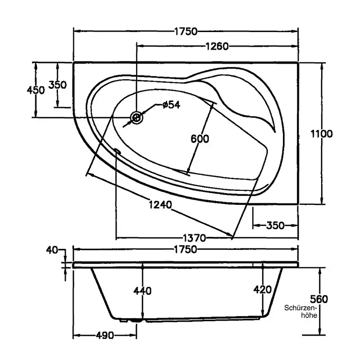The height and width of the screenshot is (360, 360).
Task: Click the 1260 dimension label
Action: click(x=217, y=47)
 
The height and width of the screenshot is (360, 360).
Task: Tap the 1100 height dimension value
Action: click(x=321, y=133)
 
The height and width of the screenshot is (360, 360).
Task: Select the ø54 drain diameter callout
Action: click(x=171, y=104)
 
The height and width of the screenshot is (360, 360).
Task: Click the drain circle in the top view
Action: click(x=137, y=117)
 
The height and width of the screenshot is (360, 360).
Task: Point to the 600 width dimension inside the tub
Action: click(x=200, y=139)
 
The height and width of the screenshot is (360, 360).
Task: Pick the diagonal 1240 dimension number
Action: click(x=160, y=204)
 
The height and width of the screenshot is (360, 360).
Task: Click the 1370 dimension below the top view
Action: click(x=194, y=238)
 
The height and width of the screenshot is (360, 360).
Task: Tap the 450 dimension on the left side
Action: click(x=36, y=90)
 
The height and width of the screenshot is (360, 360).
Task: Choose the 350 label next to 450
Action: click(x=57, y=85)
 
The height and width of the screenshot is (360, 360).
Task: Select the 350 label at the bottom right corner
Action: click(x=275, y=226)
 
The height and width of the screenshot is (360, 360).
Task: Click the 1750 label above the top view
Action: click(x=186, y=32)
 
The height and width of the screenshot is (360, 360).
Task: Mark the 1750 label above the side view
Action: click(x=186, y=249)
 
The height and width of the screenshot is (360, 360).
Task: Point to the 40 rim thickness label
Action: click(x=52, y=250)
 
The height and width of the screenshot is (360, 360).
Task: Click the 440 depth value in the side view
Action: click(x=143, y=291)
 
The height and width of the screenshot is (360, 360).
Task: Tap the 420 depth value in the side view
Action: click(x=263, y=290)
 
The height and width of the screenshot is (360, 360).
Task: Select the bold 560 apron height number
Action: click(x=319, y=299)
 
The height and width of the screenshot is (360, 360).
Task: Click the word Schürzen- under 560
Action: click(x=301, y=308)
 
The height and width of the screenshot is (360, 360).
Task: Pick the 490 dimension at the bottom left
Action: click(x=105, y=336)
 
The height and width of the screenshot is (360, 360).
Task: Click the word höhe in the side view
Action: click(x=309, y=315)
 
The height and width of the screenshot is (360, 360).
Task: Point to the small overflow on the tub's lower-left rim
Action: click(x=117, y=151)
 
